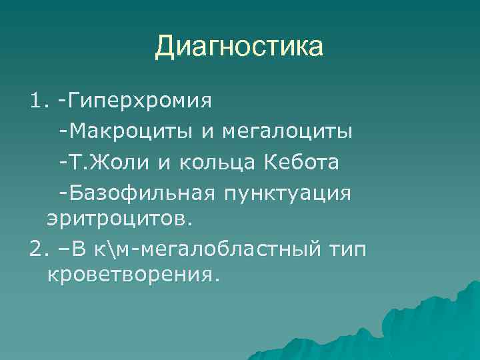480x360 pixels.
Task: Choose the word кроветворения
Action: [x=132, y=274]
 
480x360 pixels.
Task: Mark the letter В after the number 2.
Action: [x=80, y=248]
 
